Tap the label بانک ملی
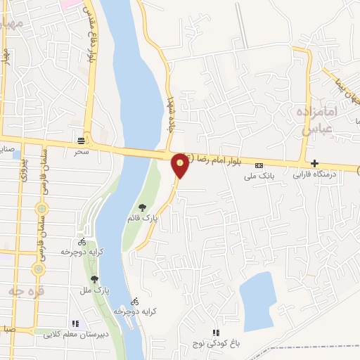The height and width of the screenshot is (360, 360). [x=259, y=177]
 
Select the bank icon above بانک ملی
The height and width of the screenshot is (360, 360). [x=259, y=165]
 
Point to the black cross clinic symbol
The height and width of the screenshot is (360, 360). [x=314, y=162]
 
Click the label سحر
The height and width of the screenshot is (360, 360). [x=81, y=151]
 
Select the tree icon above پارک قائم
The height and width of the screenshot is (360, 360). [x=143, y=207]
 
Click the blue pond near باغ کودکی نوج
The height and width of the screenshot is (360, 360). [x=257, y=295]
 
